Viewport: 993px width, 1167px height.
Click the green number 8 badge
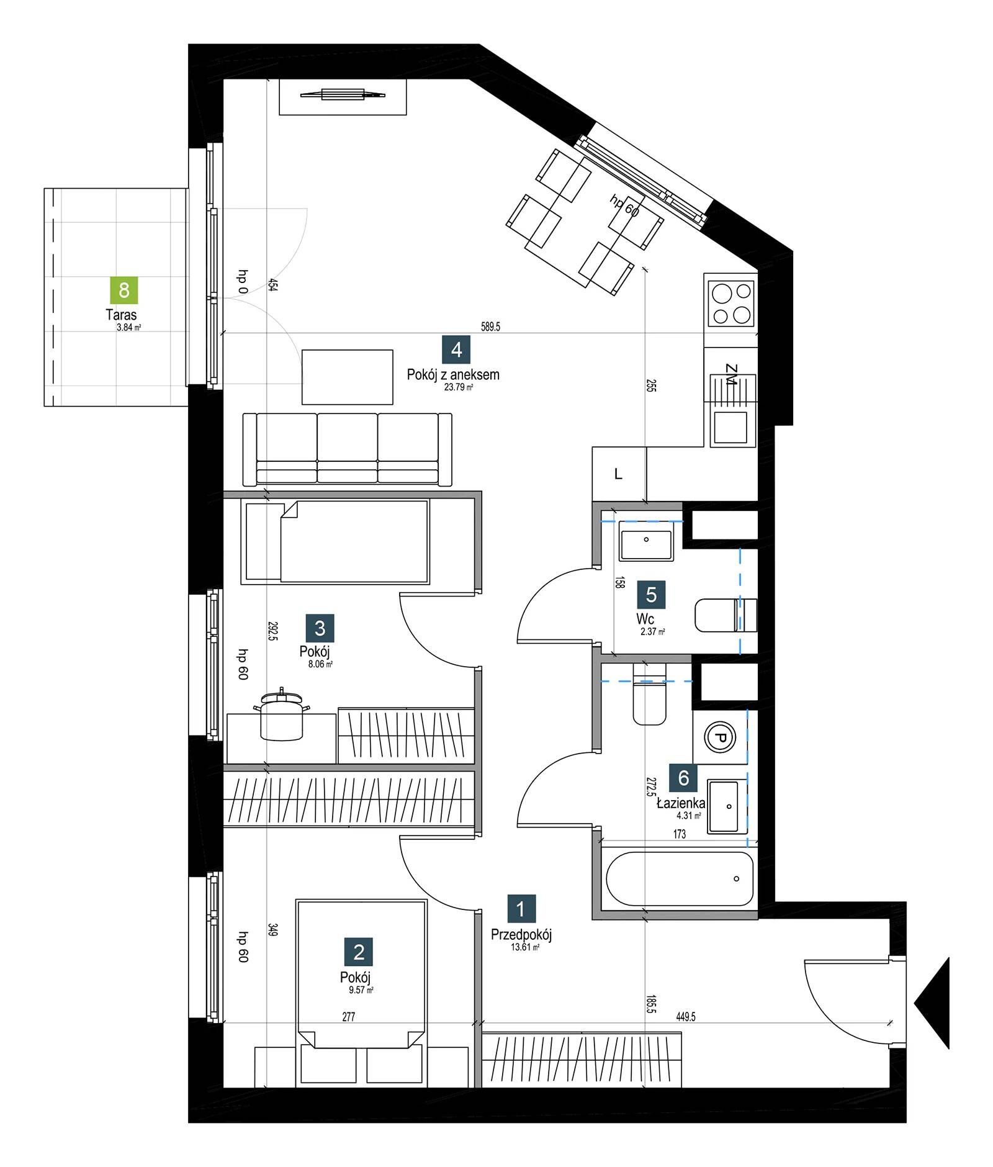click(124, 290)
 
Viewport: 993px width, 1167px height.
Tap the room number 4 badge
click(456, 349)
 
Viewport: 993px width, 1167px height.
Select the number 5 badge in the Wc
click(651, 595)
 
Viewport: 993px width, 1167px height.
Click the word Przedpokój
click(521, 934)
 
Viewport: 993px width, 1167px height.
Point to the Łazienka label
click(681, 803)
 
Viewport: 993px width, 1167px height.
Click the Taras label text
click(121, 315)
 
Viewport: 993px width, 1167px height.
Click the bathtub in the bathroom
click(680, 879)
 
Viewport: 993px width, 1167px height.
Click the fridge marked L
click(619, 474)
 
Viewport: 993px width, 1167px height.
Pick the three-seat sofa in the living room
click(347, 449)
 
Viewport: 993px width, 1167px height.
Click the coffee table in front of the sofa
click(348, 377)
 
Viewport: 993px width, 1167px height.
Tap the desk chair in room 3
click(281, 714)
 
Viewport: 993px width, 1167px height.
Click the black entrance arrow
click(932, 1004)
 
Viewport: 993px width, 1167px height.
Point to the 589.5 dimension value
click(490, 327)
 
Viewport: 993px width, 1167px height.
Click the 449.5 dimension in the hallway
click(685, 1017)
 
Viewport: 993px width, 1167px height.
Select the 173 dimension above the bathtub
click(680, 834)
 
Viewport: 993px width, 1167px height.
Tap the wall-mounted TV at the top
click(343, 95)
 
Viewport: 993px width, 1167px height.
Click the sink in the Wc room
click(646, 541)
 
